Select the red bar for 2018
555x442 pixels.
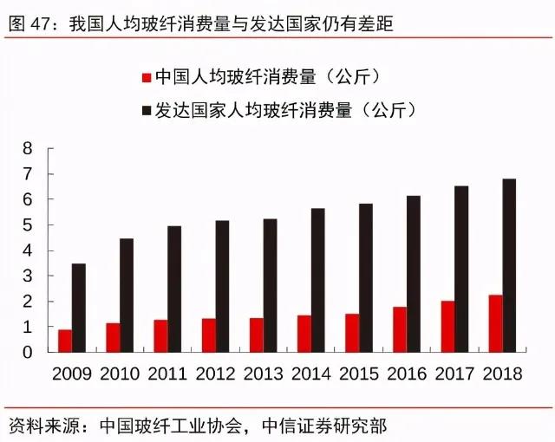coord(495,323)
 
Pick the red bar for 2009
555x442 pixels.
coord(65,341)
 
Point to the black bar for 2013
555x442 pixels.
coord(271,285)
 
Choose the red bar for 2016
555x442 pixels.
coord(399,329)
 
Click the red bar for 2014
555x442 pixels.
coord(304,334)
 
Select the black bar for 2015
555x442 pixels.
coord(366,277)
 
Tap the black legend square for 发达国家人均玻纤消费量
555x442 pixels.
coord(146,110)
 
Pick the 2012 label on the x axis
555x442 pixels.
coord(217,374)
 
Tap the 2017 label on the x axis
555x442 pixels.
coord(455,374)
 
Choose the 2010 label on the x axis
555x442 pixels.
coord(121,374)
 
